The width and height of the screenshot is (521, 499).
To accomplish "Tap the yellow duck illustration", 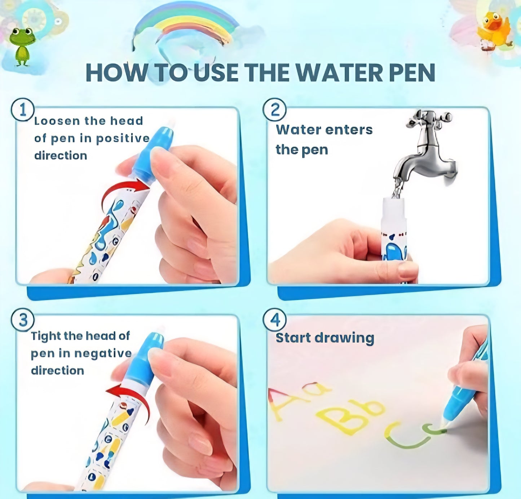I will [495, 31].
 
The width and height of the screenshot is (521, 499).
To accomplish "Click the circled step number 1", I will [23, 110].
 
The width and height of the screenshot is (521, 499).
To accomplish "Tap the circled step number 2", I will [275, 110].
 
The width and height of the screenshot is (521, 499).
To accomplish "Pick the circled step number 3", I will [23, 320].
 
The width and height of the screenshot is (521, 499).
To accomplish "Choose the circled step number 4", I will [275, 320].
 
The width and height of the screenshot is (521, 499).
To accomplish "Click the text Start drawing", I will [325, 338].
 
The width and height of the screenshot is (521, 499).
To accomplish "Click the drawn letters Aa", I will [296, 398].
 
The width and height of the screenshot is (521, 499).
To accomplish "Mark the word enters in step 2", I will [351, 130].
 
